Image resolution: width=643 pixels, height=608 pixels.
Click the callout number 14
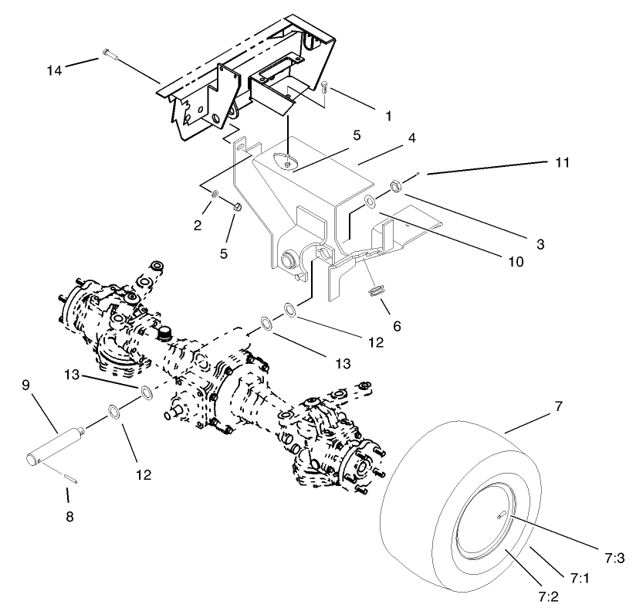[52, 70]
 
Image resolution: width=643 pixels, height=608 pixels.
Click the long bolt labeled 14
[108, 54]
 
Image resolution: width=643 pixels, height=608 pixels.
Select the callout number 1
[388, 116]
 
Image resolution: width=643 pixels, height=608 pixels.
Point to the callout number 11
[562, 162]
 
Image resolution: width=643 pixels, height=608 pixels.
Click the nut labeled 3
[395, 185]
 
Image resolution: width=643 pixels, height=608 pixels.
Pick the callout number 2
[198, 226]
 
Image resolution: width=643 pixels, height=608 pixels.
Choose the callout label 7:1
[580, 577]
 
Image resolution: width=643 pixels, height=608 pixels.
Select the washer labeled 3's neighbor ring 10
[370, 202]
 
